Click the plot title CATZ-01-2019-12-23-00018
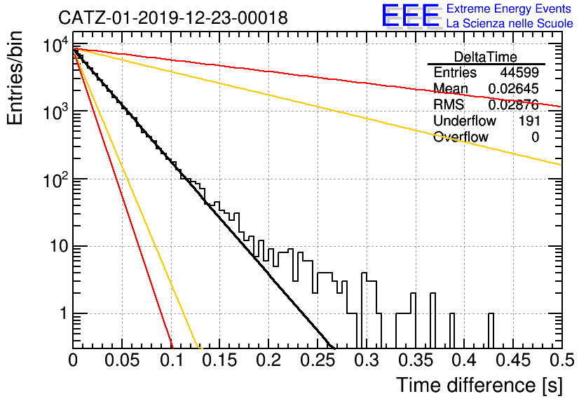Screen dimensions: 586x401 click(x=173, y=18)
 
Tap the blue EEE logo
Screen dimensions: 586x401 click(x=411, y=15)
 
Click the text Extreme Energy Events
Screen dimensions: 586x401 click(x=509, y=8)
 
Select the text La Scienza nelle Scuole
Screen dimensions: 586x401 click(x=510, y=23)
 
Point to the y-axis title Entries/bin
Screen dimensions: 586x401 click(x=15, y=78)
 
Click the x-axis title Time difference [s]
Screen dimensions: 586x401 click(x=479, y=385)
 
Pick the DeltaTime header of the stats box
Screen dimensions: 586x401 click(x=485, y=57)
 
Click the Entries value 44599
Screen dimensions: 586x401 click(x=519, y=72)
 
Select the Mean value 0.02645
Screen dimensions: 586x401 click(x=514, y=88)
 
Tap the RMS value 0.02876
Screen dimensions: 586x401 click(x=514, y=104)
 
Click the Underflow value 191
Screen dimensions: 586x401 click(x=529, y=121)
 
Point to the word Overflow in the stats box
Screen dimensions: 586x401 click(x=461, y=137)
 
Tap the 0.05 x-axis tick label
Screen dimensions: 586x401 click(x=122, y=360)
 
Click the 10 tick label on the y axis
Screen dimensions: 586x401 click(x=59, y=247)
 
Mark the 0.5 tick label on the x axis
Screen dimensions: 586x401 click(x=561, y=360)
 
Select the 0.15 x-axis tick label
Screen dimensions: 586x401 click(x=219, y=360)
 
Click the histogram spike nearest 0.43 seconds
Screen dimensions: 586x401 click(x=491, y=331)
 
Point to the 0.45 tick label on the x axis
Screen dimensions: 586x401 click(x=514, y=360)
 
